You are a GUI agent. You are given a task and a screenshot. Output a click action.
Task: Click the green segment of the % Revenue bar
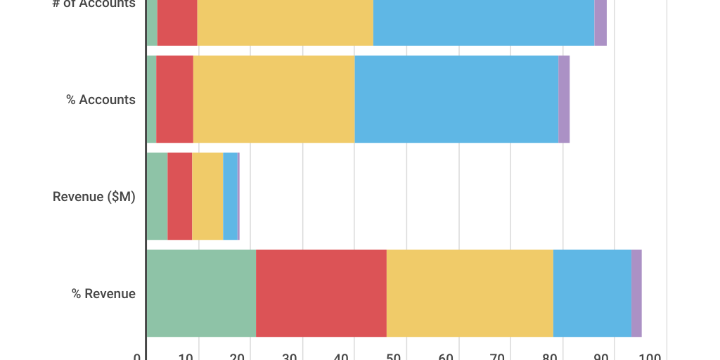coord(201,293)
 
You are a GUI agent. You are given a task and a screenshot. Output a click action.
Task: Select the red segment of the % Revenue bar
coord(321,293)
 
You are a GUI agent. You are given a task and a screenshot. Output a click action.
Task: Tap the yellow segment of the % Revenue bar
coord(470,293)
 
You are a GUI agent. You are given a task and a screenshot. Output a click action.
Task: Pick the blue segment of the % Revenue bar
coord(592,293)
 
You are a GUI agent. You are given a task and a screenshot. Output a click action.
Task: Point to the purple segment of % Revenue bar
coord(636,293)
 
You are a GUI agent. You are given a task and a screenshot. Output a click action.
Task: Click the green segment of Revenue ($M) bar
coord(157,196)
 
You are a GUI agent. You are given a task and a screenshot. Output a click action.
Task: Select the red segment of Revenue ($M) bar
coord(179,196)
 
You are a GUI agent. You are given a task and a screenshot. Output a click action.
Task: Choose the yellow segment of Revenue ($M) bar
coord(207,196)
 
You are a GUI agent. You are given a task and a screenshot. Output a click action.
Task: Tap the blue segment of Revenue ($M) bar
coord(230,196)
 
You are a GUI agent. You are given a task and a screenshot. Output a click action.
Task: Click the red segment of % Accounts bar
coord(174,99)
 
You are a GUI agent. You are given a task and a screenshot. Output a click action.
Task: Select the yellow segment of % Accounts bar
coord(274,99)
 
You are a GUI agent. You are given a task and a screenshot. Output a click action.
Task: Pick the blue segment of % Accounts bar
coord(456,99)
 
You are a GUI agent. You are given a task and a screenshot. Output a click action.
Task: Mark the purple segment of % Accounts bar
coord(564,99)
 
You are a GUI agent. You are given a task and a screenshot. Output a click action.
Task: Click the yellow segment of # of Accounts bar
coord(285,22)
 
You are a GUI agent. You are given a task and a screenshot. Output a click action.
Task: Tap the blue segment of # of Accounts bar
coord(484,22)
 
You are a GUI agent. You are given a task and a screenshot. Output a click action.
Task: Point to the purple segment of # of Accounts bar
coord(600,22)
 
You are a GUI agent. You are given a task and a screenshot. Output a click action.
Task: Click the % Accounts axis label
coord(101,100)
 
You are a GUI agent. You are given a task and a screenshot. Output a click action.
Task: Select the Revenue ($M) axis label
coord(94,197)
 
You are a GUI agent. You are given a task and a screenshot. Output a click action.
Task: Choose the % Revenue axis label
coord(103,294)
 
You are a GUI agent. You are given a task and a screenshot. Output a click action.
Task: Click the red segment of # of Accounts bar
coord(177,22)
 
